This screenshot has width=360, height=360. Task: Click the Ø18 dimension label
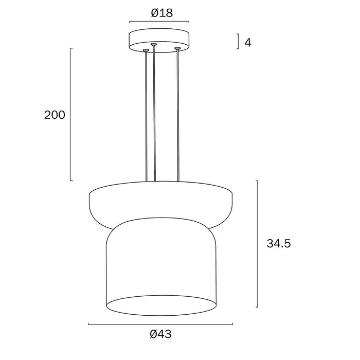[x=161, y=13]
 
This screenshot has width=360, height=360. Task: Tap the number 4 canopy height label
[x=248, y=43]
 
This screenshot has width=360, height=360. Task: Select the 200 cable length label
[x=55, y=115]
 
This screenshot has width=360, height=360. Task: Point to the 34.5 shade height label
[x=279, y=243]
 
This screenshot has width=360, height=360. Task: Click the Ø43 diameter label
[x=160, y=334]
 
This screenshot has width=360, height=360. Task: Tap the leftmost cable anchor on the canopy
[x=146, y=50]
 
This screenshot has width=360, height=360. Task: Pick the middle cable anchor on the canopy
[x=153, y=44]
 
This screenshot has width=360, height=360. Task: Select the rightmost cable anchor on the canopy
[x=177, y=48]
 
